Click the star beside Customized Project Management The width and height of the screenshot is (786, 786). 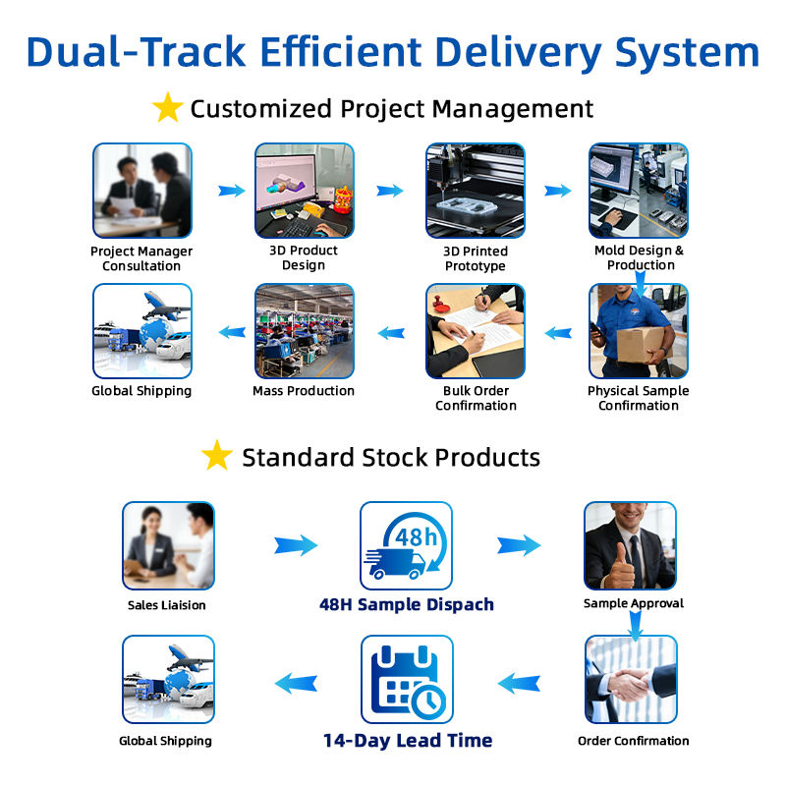[168, 108]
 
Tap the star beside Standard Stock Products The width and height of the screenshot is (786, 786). [216, 456]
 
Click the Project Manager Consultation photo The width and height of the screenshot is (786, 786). [141, 191]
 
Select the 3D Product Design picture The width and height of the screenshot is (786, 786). [304, 191]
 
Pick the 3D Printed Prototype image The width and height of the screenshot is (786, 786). [475, 191]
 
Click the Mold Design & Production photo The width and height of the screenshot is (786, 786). [639, 191]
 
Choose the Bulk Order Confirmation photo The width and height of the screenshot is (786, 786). [475, 331]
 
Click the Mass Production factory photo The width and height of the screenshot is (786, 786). [304, 331]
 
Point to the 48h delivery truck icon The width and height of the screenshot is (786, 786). [406, 546]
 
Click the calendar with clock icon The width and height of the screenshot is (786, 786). [407, 680]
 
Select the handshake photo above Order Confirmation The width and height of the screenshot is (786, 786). [630, 680]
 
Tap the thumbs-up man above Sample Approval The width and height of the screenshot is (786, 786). [630, 546]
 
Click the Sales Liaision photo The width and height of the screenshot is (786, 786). [168, 546]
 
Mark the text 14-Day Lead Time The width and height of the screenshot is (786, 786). [408, 741]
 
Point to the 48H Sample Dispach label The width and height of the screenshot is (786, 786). [406, 604]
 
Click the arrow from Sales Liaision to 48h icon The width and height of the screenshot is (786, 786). [296, 545]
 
